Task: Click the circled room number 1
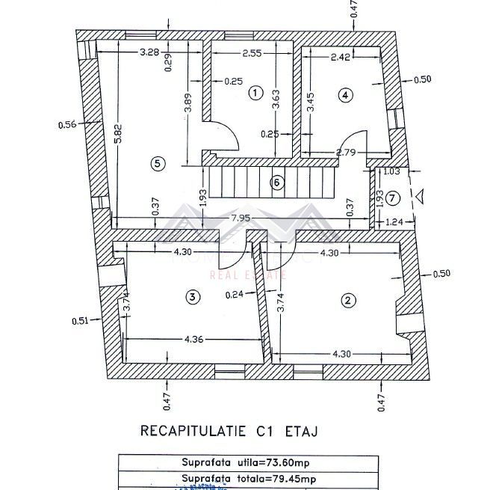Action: pos(255,93)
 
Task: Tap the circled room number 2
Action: pos(347,301)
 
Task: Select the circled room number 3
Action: pos(193,297)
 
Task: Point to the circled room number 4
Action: pos(344,94)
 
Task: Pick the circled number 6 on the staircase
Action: pos(277,181)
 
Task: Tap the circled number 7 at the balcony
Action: pos(394,197)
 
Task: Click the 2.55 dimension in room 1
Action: pos(251,53)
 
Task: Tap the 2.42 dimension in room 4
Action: pos(341,55)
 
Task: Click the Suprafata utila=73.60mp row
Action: pos(246,462)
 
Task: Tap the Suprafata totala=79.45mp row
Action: pos(246,478)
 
